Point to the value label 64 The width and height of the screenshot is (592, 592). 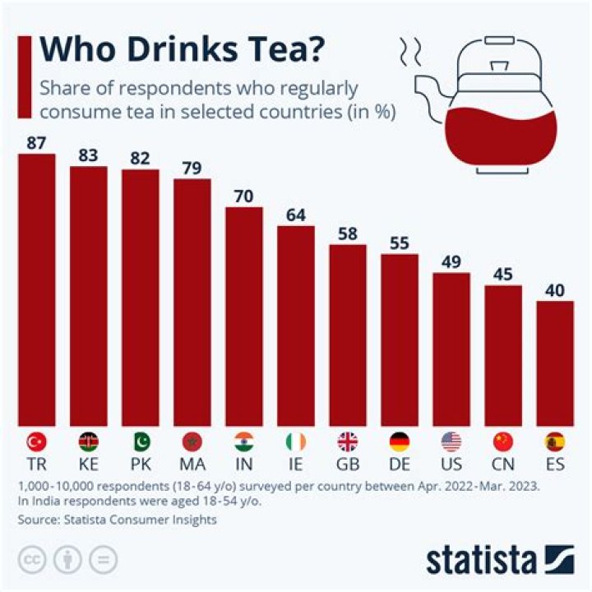tap(295, 215)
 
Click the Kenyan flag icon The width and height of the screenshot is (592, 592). tap(88, 442)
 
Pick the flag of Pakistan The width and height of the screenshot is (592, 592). tap(140, 442)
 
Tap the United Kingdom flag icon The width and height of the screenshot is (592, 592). tap(348, 442)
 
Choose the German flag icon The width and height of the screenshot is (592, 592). tap(400, 442)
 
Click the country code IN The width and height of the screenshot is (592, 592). tap(243, 465)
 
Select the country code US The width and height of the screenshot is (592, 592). tap(451, 465)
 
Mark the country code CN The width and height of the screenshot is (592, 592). tap(503, 465)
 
